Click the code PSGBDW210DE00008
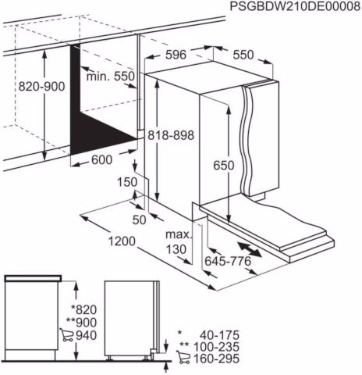[295, 6]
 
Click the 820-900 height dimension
[41, 86]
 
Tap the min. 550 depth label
[111, 77]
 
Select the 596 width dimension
[176, 55]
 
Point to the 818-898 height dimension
[171, 135]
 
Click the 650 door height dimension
[224, 165]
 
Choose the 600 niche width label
[101, 159]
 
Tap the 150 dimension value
[127, 182]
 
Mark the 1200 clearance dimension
[122, 241]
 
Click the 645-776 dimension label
[228, 261]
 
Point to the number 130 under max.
[176, 249]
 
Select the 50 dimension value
[140, 220]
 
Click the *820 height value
[83, 310]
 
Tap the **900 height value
[81, 323]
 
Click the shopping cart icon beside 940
[66, 335]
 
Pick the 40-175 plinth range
[219, 335]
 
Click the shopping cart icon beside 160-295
[183, 357]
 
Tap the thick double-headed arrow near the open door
[249, 249]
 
